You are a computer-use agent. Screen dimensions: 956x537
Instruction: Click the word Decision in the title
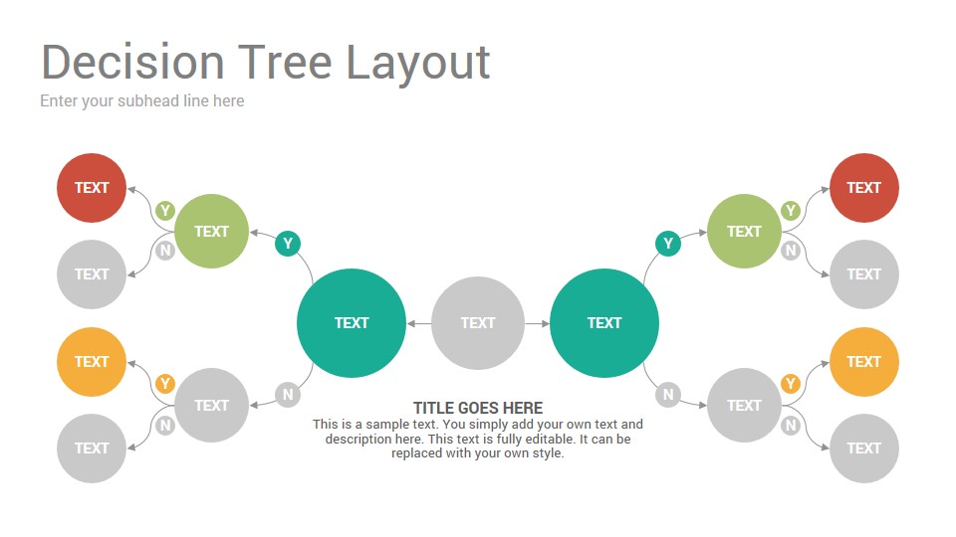tap(132, 62)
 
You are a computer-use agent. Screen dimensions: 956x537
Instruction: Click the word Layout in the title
tap(418, 64)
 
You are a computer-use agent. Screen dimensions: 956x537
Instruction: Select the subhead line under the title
tap(142, 100)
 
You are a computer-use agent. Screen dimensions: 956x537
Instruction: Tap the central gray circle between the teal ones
tap(478, 322)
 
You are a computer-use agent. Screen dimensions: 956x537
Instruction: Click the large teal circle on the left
tap(352, 322)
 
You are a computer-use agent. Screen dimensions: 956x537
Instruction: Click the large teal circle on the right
tap(604, 322)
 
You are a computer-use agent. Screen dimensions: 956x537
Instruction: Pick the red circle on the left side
tap(92, 188)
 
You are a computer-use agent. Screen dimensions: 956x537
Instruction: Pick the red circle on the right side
tap(864, 188)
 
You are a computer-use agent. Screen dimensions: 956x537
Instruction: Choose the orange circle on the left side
tap(92, 362)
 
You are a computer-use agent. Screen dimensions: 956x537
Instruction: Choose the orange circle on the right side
tap(864, 362)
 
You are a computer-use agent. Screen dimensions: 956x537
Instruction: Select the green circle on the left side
tap(211, 231)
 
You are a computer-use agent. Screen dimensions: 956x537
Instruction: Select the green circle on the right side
tap(744, 231)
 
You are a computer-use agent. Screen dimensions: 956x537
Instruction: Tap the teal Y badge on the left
tap(288, 244)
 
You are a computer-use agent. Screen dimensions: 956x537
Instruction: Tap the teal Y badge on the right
tap(668, 244)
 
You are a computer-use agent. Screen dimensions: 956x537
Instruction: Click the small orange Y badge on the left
tap(165, 384)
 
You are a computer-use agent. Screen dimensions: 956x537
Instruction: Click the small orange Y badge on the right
tap(791, 384)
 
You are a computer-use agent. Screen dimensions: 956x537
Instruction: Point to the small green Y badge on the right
tap(791, 211)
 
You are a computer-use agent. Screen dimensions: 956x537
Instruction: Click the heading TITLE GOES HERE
tap(478, 408)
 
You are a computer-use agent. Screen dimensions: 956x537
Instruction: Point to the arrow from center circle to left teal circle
tap(419, 323)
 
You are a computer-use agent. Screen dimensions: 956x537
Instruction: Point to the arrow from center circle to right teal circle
tap(537, 323)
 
